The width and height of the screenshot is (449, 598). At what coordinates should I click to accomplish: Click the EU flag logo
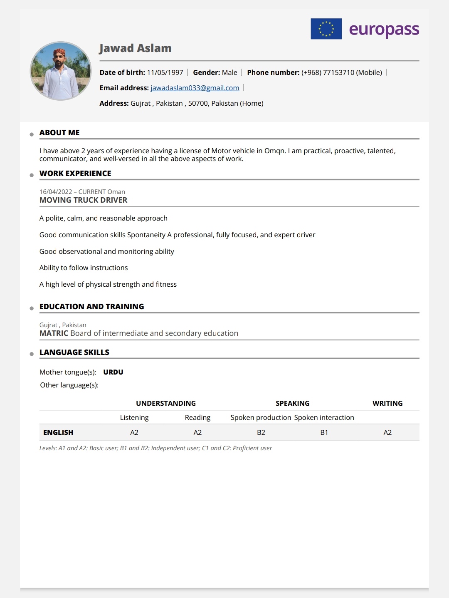pos(326,29)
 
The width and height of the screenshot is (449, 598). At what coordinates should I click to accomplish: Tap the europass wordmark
pos(384,30)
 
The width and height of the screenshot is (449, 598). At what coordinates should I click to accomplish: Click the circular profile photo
pos(61,71)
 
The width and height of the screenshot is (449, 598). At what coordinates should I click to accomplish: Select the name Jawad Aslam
pos(135,48)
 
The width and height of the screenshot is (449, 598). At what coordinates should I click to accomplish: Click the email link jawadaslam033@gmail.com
pos(195,88)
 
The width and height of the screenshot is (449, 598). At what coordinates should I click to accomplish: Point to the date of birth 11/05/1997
pos(165,72)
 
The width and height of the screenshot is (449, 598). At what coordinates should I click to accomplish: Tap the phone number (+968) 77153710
pos(328,72)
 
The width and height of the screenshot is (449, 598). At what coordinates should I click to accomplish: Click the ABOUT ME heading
pos(59,133)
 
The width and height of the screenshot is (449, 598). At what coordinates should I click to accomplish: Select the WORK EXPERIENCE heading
pos(75,174)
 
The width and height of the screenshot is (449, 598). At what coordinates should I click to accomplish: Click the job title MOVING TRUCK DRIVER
pos(83,200)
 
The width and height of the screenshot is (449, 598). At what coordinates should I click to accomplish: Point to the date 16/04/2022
pos(56,192)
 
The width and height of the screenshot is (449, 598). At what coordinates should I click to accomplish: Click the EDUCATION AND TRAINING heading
pos(91,307)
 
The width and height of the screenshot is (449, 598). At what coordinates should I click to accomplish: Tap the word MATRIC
pos(54,333)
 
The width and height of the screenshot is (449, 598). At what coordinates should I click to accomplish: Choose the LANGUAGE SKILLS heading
pos(74,352)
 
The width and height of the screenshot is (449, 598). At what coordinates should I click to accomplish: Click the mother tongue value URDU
pos(113,372)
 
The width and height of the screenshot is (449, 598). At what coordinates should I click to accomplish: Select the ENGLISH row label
pos(58,432)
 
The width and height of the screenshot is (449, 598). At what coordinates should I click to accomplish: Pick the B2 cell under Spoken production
pos(261,432)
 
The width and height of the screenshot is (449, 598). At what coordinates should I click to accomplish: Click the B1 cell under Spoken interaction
pos(324,432)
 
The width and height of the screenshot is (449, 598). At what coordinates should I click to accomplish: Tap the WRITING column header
pos(387,403)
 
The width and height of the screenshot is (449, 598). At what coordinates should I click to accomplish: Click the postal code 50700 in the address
pos(198,103)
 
